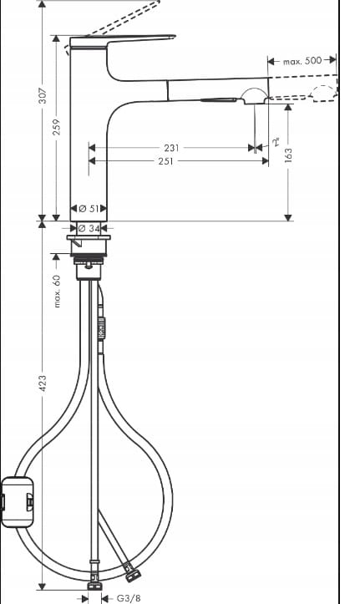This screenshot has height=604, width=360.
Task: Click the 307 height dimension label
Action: point(43,96)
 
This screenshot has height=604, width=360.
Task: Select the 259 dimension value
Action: point(57,127)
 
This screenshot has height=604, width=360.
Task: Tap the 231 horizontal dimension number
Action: point(172,148)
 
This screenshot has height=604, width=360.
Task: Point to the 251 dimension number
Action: point(166,161)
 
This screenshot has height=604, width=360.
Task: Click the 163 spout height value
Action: point(288,155)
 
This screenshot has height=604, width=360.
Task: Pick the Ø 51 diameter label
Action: point(89,209)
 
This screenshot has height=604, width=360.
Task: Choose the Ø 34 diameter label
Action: point(89,228)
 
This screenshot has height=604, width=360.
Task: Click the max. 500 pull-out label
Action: point(302,61)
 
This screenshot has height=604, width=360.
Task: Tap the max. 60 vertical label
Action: point(57,291)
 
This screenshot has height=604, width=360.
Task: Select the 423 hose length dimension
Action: point(43,383)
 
